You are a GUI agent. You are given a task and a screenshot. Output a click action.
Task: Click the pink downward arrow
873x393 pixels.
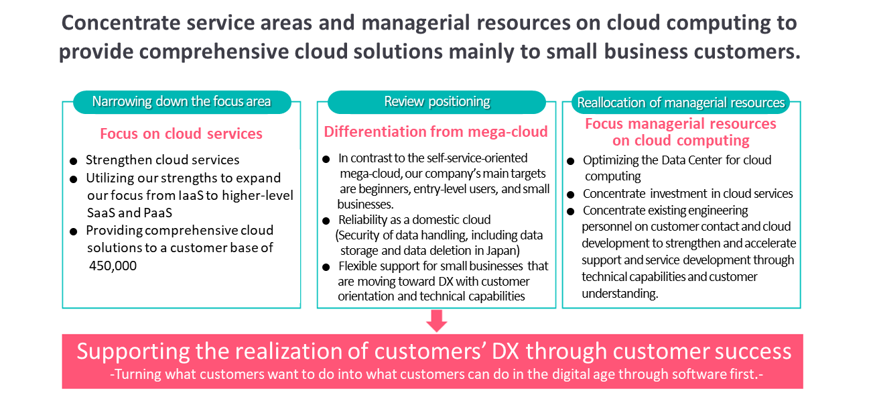coord(437,321)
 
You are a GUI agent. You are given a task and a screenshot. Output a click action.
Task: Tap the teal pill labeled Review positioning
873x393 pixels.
coord(437,102)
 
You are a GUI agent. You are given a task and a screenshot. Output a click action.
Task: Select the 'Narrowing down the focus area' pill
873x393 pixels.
coord(182,102)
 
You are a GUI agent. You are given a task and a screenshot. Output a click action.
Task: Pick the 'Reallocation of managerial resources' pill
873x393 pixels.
coord(681,102)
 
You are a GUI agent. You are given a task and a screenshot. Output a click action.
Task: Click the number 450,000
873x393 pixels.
coord(113,266)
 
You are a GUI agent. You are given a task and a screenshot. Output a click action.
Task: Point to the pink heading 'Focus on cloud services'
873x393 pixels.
coord(181,134)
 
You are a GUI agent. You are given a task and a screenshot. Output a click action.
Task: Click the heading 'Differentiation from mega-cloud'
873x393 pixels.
coord(435,132)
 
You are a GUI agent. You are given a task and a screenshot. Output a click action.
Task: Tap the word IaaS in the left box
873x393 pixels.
coord(191,195)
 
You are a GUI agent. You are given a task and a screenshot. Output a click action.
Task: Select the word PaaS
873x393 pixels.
coord(158,213)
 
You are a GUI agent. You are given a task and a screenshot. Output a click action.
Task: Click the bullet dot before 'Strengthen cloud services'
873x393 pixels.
coord(73,161)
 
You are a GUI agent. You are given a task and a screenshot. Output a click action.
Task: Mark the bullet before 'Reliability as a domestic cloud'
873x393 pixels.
coord(326,221)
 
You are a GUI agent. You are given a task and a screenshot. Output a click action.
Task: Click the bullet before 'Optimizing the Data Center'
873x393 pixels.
coord(571,161)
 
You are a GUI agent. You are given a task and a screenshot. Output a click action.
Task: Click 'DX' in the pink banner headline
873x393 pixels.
coord(505,351)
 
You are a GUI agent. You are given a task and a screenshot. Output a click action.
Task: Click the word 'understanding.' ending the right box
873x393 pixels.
coord(620,294)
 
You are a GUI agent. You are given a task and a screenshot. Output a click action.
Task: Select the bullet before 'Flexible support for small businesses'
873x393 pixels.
coord(326,268)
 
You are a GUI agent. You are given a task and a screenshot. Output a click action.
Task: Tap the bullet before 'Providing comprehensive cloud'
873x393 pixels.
coord(73,232)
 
